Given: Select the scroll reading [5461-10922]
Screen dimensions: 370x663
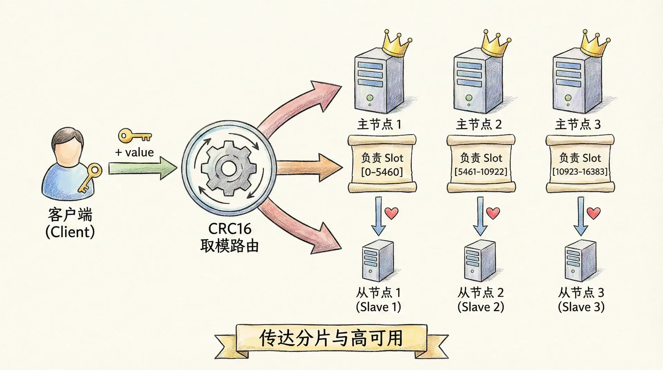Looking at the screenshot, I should [481, 164].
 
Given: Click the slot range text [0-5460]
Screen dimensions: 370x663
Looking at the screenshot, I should [382, 172].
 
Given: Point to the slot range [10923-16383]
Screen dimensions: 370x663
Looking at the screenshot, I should [580, 172].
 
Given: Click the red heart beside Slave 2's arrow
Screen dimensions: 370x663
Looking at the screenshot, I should [493, 213].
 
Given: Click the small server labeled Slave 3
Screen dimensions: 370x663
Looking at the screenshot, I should [580, 261].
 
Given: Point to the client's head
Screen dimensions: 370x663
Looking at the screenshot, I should [68, 145].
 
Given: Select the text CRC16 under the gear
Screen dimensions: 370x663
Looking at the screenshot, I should [230, 229].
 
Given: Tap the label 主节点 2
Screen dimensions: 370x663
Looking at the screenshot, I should [479, 124].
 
